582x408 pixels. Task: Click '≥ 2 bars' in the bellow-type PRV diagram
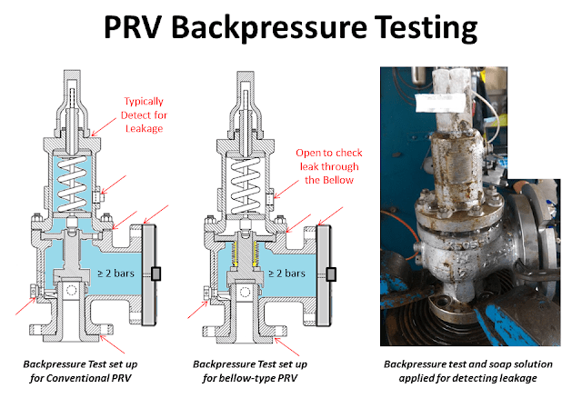point(293,273)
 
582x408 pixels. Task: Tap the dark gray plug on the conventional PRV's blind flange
point(158,274)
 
